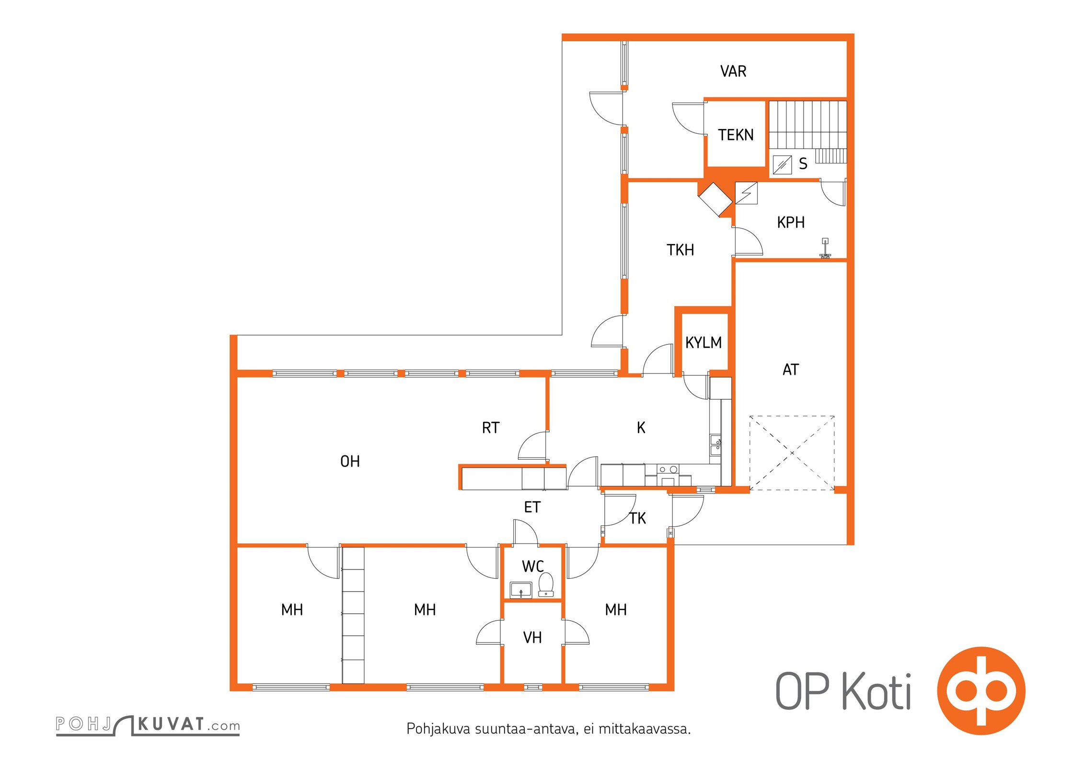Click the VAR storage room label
click(x=733, y=71)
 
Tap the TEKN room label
click(x=736, y=135)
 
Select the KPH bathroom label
click(x=791, y=222)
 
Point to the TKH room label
click(x=680, y=250)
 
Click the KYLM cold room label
click(x=703, y=343)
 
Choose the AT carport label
click(x=791, y=370)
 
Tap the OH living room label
click(x=350, y=462)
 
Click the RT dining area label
click(x=491, y=428)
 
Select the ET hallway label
click(x=532, y=507)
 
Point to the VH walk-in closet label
click(x=532, y=638)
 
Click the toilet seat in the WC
click(x=546, y=585)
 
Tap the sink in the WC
click(x=521, y=590)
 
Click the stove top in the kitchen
click(x=668, y=470)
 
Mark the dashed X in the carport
click(x=792, y=453)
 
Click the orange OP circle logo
click(x=981, y=691)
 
